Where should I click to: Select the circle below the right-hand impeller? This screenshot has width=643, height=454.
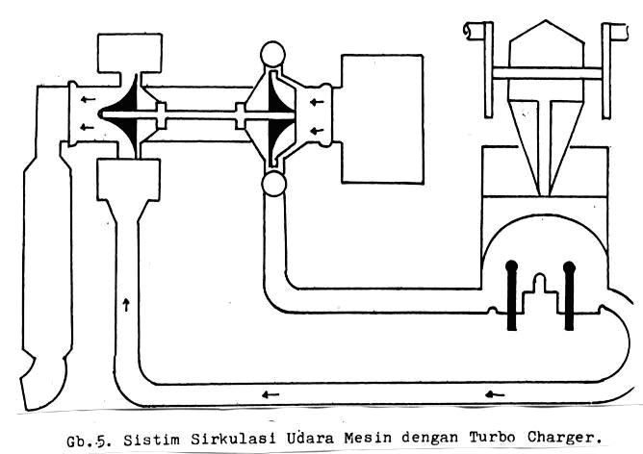click(x=273, y=185)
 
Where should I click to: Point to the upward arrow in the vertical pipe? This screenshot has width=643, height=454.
click(x=126, y=304)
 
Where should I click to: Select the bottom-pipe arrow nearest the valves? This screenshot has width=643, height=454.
click(x=494, y=393)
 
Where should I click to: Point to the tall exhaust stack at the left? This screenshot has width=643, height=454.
click(x=46, y=240)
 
